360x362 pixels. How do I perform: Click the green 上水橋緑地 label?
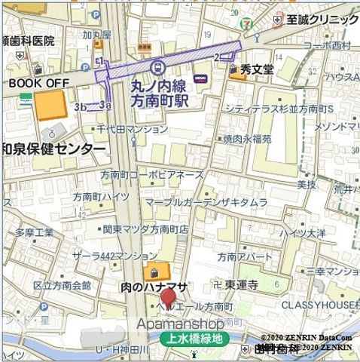[192, 339]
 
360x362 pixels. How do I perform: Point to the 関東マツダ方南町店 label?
[146, 229]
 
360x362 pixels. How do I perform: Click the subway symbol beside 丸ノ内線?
[156, 67]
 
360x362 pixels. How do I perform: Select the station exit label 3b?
[81, 107]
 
